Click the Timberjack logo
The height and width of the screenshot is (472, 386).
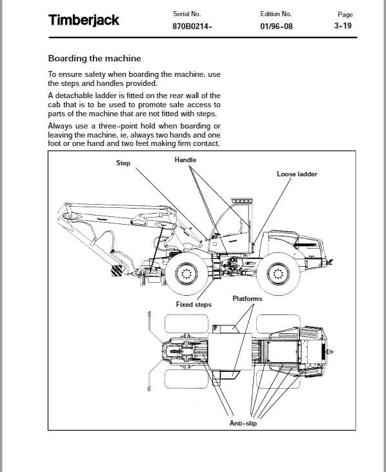click(84, 20)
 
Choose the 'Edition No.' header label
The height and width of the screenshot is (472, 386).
click(276, 14)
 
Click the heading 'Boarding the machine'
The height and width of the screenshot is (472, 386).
click(94, 58)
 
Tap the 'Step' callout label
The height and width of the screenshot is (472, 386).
click(123, 163)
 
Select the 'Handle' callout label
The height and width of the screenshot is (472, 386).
click(185, 159)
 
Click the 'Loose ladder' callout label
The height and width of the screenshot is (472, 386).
click(297, 174)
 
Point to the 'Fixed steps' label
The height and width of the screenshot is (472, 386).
click(194, 304)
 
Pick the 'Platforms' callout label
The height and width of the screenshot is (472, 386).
click(247, 298)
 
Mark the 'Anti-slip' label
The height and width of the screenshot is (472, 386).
click(243, 424)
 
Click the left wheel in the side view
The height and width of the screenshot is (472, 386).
click(187, 273)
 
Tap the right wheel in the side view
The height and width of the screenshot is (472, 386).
click(279, 273)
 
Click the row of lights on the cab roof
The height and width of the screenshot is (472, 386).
click(242, 201)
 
